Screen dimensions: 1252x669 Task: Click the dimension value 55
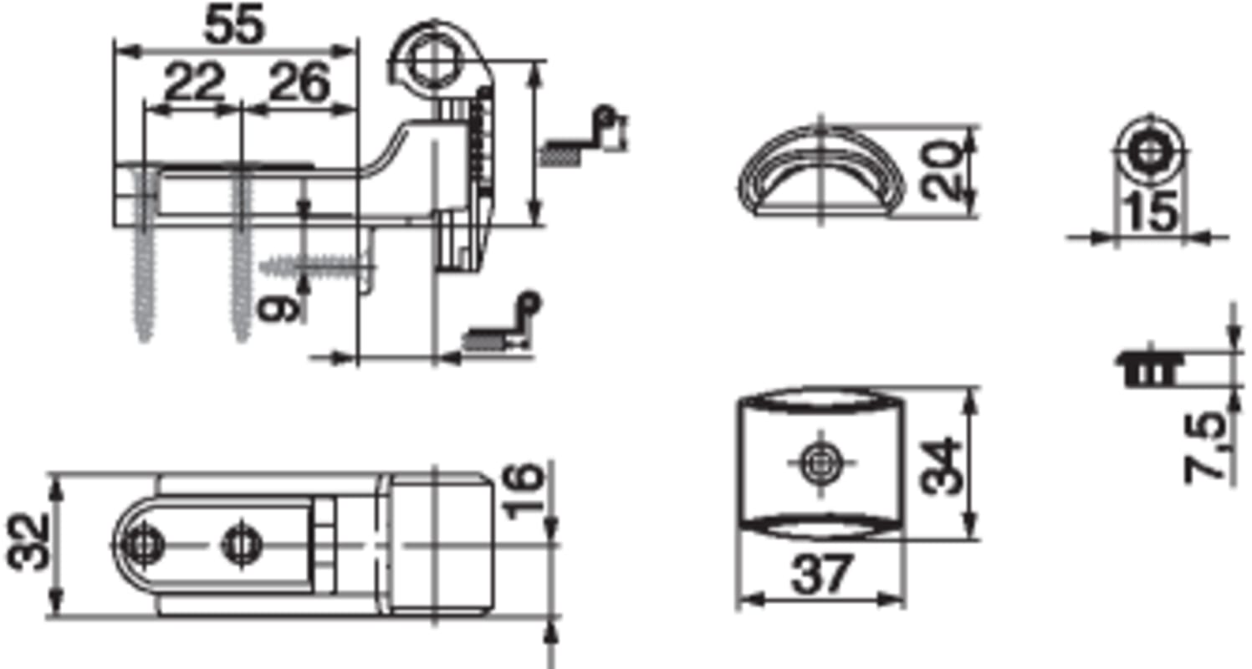click(x=234, y=25)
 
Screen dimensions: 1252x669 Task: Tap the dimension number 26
click(x=299, y=83)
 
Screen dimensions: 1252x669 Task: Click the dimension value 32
click(x=28, y=543)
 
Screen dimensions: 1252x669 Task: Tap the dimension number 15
click(x=1151, y=212)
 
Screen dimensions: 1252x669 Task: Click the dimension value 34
click(x=941, y=467)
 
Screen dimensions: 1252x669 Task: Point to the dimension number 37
click(x=822, y=574)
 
